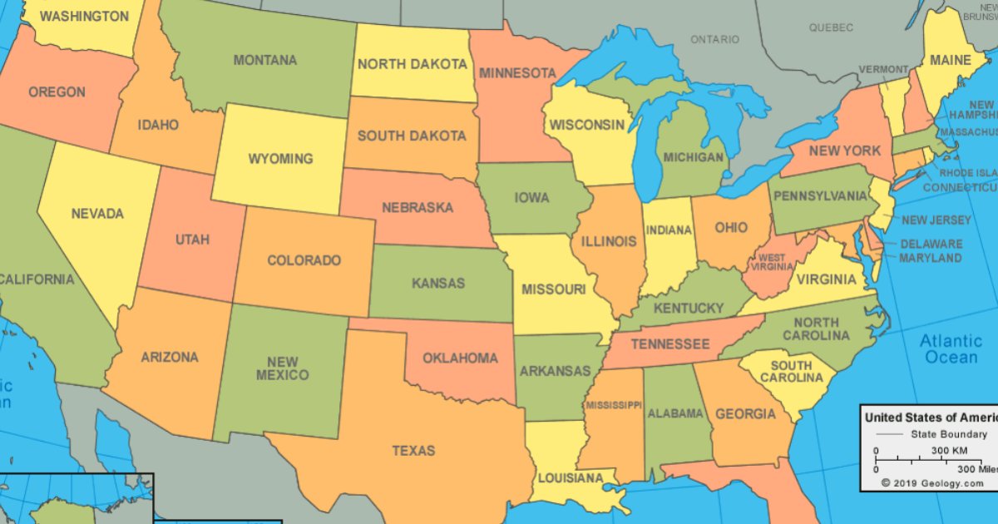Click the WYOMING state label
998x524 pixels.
pyautogui.click(x=280, y=158)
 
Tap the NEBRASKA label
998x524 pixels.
pyautogui.click(x=417, y=207)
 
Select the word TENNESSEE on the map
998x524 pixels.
pyautogui.click(x=669, y=344)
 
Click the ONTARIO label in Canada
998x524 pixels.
pyautogui.click(x=714, y=39)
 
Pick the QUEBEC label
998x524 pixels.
pyautogui.click(x=831, y=27)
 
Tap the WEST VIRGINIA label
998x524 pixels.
pyautogui.click(x=772, y=262)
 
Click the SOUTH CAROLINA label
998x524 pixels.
pyautogui.click(x=791, y=372)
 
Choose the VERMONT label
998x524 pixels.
pyautogui.click(x=883, y=69)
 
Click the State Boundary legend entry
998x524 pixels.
pyautogui.click(x=948, y=434)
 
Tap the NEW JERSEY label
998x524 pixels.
pyautogui.click(x=936, y=220)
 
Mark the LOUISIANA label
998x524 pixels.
pyautogui.click(x=570, y=478)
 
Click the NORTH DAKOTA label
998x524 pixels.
pyautogui.click(x=412, y=63)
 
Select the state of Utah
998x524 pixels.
pyautogui.click(x=192, y=240)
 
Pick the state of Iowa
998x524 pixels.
pyautogui.click(x=531, y=198)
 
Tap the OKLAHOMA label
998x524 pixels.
pyautogui.click(x=460, y=358)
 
